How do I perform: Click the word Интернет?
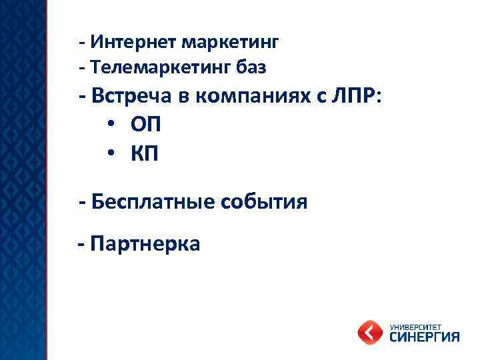click(x=127, y=43)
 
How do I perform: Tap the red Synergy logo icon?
click(x=370, y=331)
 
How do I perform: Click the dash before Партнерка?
click(x=81, y=245)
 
